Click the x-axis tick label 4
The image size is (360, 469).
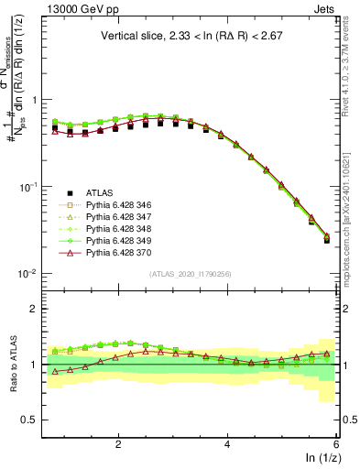pos(227,442)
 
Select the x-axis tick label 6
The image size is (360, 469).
pos(335,442)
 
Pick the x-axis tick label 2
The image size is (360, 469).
pos(118,442)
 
